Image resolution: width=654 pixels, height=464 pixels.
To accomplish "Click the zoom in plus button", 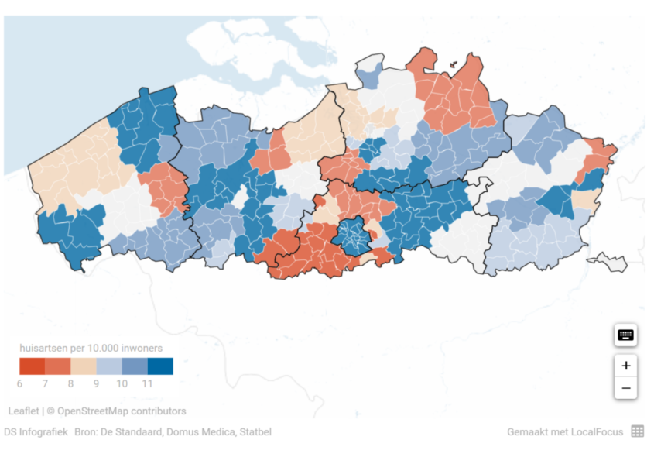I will [x=625, y=366].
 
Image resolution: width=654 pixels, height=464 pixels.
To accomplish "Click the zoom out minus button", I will [x=625, y=388].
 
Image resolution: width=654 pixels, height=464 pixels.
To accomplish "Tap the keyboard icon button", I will [x=625, y=335].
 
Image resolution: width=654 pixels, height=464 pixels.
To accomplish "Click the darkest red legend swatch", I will [x=32, y=366].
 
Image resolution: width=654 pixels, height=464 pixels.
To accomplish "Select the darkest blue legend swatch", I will [x=160, y=366].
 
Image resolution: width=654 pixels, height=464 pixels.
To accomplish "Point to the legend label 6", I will [x=19, y=383].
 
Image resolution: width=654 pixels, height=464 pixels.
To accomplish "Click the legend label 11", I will [x=146, y=383].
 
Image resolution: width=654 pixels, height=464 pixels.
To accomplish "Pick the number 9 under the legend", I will [x=96, y=383].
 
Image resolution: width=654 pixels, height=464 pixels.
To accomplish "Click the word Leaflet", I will [x=23, y=411].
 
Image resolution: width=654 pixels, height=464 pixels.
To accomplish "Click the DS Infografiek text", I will [x=36, y=432].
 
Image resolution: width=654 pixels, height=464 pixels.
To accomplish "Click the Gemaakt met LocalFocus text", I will [x=564, y=432].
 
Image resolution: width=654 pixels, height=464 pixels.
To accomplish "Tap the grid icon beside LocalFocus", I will [x=637, y=431].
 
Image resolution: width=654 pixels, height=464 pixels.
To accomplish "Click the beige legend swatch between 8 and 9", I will [x=83, y=366].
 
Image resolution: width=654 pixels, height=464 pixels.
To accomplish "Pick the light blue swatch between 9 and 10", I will [x=108, y=366].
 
